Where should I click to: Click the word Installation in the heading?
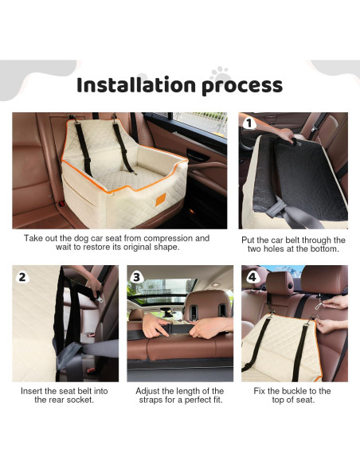(131, 85)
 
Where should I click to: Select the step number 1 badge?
(249, 124)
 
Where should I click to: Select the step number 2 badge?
(22, 277)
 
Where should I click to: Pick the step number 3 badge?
(137, 277)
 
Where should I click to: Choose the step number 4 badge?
(252, 277)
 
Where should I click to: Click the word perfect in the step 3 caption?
(186, 400)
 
